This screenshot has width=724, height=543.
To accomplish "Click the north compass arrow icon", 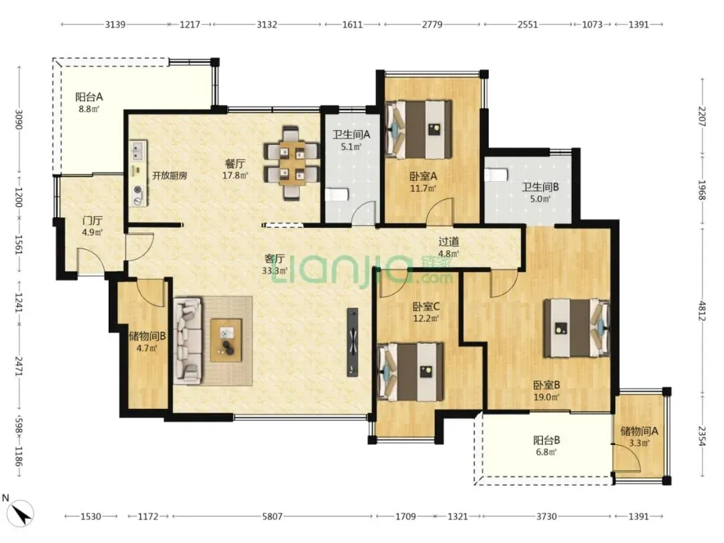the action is (x=21, y=514).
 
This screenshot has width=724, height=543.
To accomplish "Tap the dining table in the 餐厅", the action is (x=292, y=163).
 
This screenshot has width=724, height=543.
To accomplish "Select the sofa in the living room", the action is (x=188, y=341).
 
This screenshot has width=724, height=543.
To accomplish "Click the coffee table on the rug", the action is (x=227, y=340).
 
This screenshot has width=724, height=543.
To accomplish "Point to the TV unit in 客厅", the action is (x=353, y=342).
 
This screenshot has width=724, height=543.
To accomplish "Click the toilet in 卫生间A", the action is (x=336, y=194).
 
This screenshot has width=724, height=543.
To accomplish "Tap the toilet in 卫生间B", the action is (x=496, y=175).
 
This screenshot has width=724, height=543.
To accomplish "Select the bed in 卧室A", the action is (x=418, y=129).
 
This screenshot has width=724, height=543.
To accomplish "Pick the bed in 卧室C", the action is (x=410, y=371).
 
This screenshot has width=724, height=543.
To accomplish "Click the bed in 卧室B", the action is (x=577, y=328).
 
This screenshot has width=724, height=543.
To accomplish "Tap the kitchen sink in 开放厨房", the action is (x=137, y=150).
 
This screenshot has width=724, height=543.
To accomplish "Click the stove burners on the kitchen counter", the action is (x=137, y=194).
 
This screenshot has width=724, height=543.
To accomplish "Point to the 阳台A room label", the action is (x=88, y=97).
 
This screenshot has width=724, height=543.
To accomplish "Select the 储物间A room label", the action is (x=639, y=431).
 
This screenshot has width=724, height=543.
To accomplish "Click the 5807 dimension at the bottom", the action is (x=272, y=516).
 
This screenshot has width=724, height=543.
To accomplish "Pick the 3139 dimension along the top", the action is (x=115, y=25).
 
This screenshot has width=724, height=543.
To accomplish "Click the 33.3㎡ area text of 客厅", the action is (x=274, y=271).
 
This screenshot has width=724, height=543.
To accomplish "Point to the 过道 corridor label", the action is (x=448, y=241).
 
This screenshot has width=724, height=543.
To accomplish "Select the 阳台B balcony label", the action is (x=547, y=440).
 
